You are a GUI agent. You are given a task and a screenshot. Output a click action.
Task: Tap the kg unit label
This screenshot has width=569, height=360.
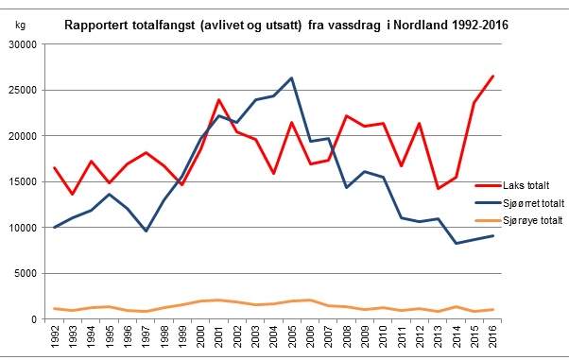[x=21, y=26]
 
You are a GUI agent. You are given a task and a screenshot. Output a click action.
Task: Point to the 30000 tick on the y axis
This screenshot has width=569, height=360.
[x=23, y=44]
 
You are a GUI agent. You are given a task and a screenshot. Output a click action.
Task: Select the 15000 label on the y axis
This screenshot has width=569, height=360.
[x=23, y=181]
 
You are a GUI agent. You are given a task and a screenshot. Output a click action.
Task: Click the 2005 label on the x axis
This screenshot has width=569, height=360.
[x=291, y=336]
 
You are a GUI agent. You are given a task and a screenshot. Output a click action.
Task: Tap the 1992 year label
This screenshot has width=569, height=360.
[x=55, y=336]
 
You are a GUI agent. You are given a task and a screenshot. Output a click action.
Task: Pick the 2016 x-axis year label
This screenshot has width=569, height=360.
[x=492, y=336]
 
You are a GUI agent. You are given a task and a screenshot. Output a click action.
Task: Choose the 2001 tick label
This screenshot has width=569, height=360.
[x=219, y=336]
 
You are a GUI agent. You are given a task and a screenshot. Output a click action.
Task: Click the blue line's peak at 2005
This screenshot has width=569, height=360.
[x=291, y=77]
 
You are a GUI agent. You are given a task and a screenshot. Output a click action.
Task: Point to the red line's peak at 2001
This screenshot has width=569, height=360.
[x=219, y=99]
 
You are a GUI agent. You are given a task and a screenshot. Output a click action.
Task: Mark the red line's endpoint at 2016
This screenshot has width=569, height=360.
[x=492, y=76]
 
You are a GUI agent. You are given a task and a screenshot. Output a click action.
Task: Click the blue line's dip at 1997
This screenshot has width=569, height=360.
[x=146, y=231]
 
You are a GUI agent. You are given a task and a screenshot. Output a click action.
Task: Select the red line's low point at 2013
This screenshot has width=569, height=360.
[x=438, y=189]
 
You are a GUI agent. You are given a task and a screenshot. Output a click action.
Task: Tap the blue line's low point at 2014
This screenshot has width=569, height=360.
[x=457, y=243]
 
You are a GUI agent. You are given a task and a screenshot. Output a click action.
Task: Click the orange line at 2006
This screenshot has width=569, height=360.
[x=309, y=300]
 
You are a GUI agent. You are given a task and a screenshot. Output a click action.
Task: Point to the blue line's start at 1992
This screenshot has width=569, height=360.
[x=55, y=228]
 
